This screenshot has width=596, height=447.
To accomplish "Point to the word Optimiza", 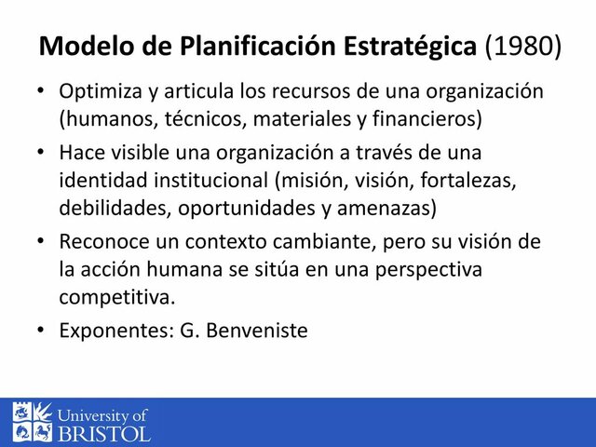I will click(x=100, y=93).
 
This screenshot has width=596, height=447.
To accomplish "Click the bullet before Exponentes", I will click(x=41, y=330).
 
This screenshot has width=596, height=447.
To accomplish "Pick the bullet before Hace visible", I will click(x=41, y=152).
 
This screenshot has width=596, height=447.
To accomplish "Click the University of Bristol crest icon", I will click(x=33, y=422).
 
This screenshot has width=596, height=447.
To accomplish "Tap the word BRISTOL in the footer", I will click(x=103, y=433).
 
